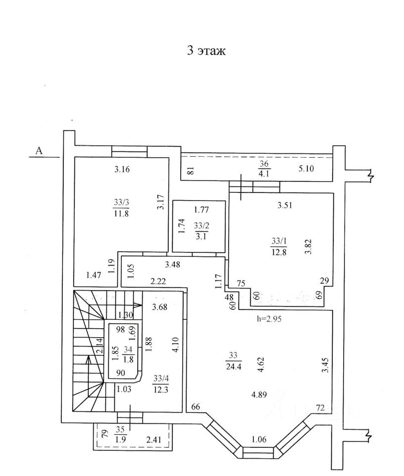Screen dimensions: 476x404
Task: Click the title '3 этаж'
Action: point(206,51)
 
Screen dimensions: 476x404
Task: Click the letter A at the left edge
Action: point(39,151)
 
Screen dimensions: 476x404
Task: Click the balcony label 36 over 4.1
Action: point(263,169)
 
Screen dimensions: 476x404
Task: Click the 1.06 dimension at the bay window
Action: point(259,439)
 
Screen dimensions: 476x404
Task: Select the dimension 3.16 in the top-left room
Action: point(121,170)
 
